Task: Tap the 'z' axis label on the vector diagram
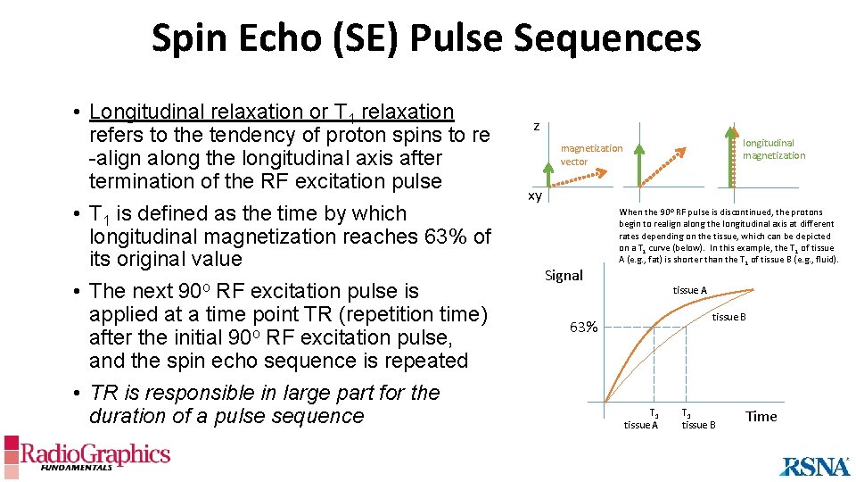click(x=536, y=127)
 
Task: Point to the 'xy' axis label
click(x=535, y=195)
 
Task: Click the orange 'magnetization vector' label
click(x=590, y=154)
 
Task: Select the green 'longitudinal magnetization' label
click(x=773, y=149)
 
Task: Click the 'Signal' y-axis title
click(x=564, y=275)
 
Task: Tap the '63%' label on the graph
click(x=584, y=327)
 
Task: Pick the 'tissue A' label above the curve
click(x=690, y=290)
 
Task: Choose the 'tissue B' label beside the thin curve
click(x=728, y=317)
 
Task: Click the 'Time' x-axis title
click(x=761, y=416)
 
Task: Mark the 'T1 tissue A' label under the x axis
click(x=641, y=419)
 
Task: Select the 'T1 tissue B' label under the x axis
click(x=698, y=419)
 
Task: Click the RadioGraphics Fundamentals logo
click(x=86, y=454)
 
